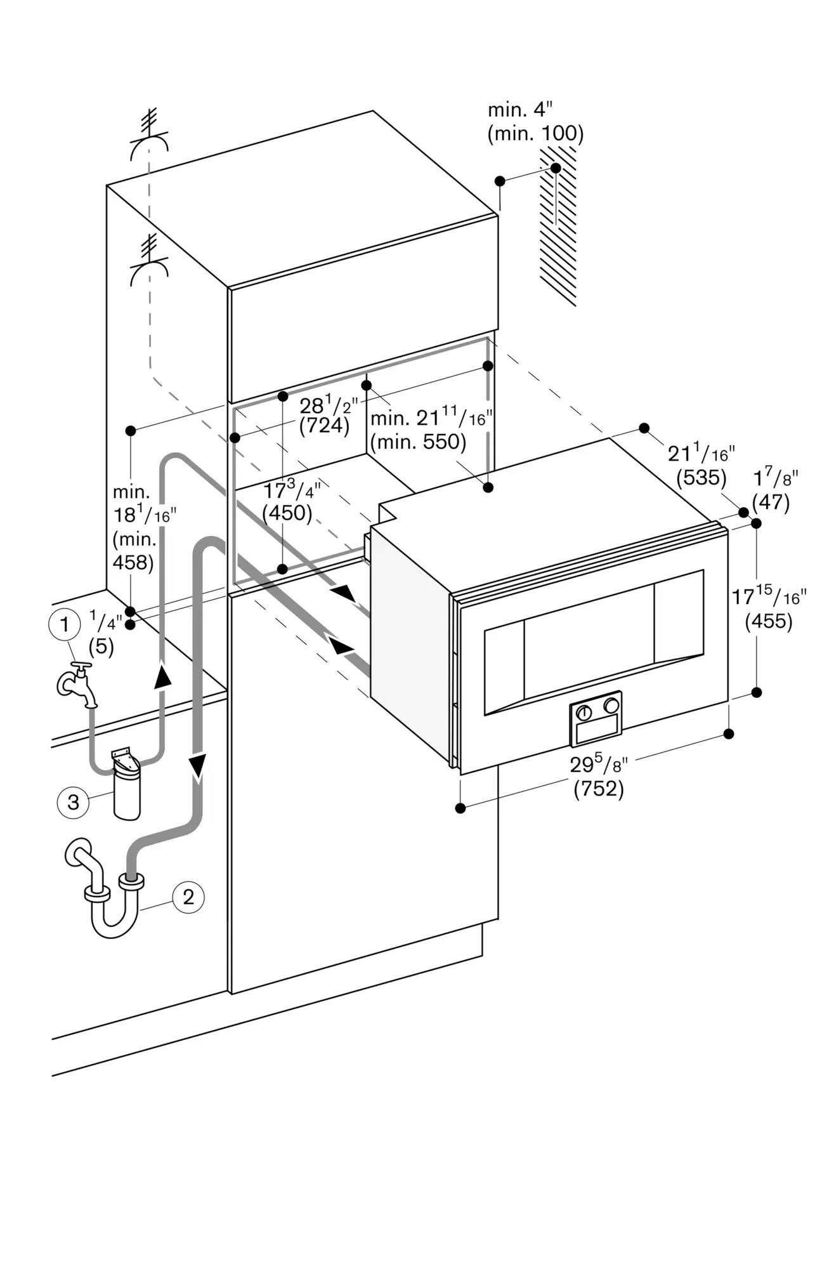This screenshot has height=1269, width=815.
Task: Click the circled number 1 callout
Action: (x=64, y=625)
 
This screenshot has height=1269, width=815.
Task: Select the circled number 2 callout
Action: (x=188, y=897)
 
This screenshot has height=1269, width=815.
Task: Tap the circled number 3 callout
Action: (x=74, y=802)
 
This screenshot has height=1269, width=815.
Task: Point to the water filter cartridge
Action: (x=126, y=783)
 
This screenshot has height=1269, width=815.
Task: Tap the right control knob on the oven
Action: (x=611, y=704)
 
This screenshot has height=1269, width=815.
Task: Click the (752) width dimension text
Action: (x=599, y=789)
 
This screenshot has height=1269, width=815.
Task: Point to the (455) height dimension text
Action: (x=769, y=621)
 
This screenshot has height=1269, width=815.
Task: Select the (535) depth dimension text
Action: (x=701, y=477)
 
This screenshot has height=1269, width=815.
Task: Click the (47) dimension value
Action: (x=771, y=503)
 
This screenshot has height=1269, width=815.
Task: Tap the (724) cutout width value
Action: (x=324, y=425)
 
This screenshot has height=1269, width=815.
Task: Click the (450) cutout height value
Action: (x=288, y=513)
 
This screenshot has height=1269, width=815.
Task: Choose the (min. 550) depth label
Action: (x=418, y=441)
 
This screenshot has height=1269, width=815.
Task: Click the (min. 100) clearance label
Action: (x=535, y=133)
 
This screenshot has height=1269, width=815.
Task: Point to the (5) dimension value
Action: (x=101, y=647)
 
